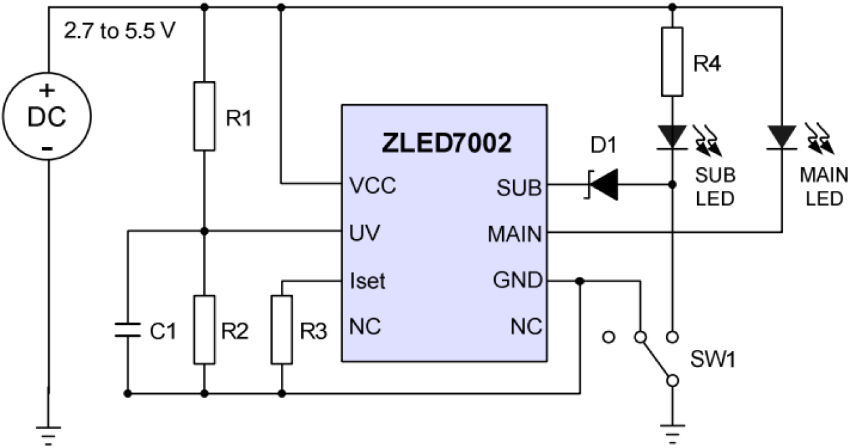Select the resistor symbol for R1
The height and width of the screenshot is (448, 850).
point(204,116)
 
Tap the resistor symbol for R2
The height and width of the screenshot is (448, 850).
point(204,330)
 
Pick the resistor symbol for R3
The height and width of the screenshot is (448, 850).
point(282,330)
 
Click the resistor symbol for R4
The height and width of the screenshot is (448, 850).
point(671,62)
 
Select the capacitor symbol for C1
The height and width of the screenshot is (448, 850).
point(127,330)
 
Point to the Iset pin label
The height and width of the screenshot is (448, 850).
point(367,280)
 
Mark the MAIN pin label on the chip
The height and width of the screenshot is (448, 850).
point(514,233)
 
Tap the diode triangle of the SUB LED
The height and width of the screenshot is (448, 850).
point(671,136)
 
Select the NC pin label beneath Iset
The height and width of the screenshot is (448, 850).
point(365,327)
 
